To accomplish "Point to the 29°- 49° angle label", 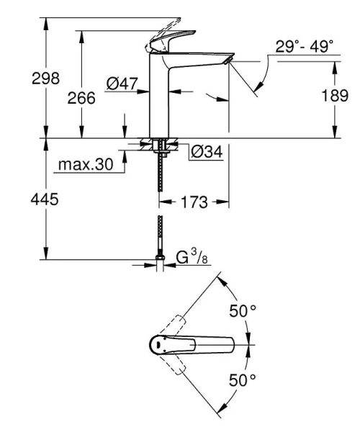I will tap(304, 48).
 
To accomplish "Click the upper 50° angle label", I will tap(243, 311).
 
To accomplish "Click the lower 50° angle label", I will tap(243, 379).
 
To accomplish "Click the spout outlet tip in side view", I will tap(229, 63).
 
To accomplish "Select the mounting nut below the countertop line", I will tap(159, 148).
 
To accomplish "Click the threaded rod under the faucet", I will tap(159, 176).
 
